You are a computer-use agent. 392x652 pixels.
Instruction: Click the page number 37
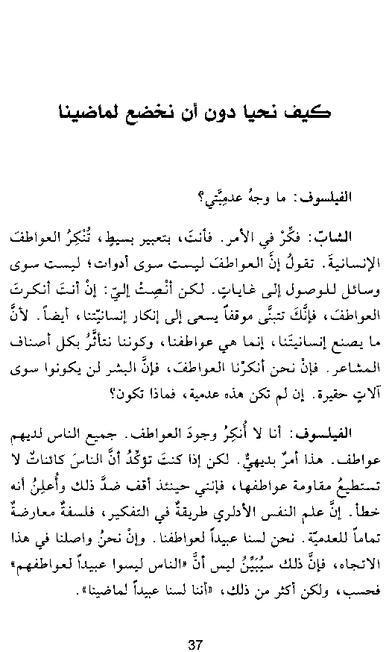pyautogui.click(x=196, y=623)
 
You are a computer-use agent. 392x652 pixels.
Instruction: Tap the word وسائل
pyautogui.click(x=345, y=289)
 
